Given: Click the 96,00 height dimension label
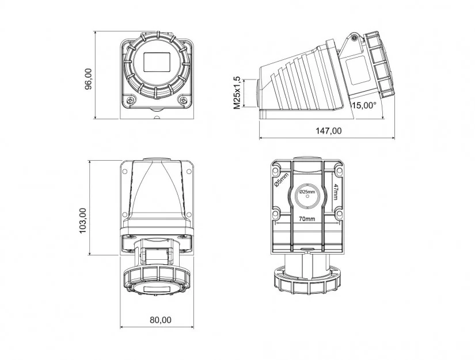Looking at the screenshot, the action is click(89, 79).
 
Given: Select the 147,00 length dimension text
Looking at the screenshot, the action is click(329, 131).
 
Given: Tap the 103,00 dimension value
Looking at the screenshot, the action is click(83, 220).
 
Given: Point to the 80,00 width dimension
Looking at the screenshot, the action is click(160, 320).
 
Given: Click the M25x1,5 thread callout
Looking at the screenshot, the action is click(237, 93).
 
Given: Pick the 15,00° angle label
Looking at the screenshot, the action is click(364, 105).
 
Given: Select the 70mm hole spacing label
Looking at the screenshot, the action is click(306, 219).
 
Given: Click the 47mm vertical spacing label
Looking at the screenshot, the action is click(335, 192).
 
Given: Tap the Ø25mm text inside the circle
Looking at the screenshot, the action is click(307, 192).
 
